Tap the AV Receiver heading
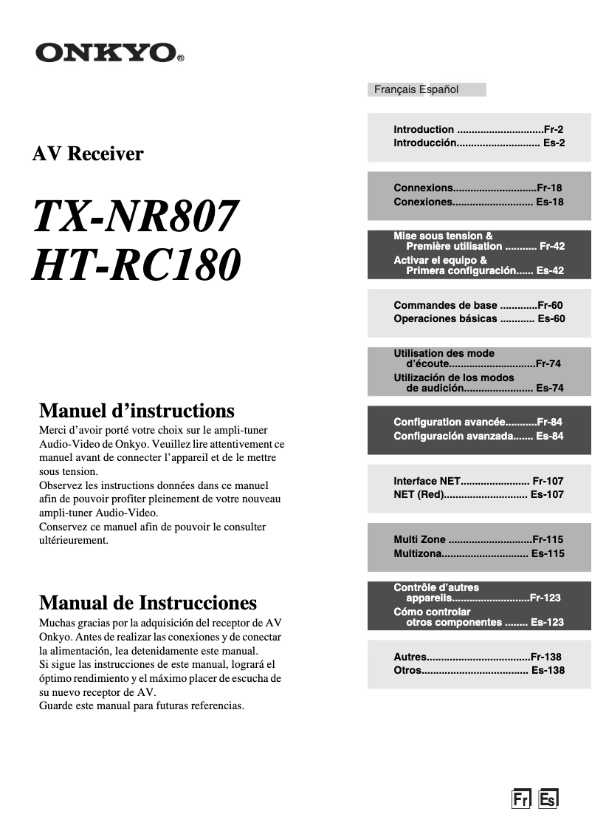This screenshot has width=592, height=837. pyautogui.click(x=88, y=154)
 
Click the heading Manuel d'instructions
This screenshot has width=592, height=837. pyautogui.click(x=137, y=411)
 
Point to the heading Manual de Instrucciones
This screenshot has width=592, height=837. pyautogui.click(x=148, y=603)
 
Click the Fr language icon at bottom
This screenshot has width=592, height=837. pyautogui.click(x=521, y=799)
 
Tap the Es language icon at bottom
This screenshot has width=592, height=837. pyautogui.click(x=548, y=799)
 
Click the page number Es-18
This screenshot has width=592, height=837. pyautogui.click(x=550, y=202)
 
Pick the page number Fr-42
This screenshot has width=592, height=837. pyautogui.click(x=552, y=246)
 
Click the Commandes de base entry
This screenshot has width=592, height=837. pyautogui.click(x=445, y=305)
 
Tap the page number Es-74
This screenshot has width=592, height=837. pyautogui.click(x=550, y=388)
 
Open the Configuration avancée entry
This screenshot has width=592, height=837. pyautogui.click(x=449, y=423)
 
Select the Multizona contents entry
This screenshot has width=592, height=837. pyautogui.click(x=417, y=553)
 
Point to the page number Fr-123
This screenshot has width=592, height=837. pyautogui.click(x=545, y=598)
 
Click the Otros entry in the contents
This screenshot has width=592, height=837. pyautogui.click(x=407, y=670)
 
